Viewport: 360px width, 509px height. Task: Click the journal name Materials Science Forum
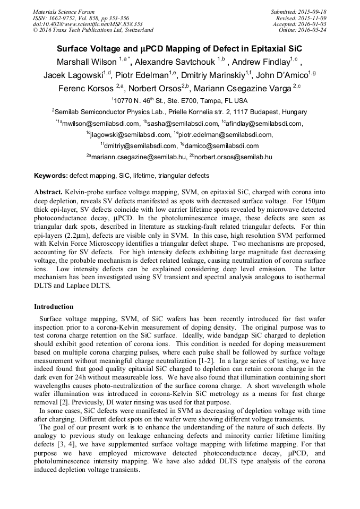click(64, 12)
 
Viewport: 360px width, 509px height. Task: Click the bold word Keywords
click(50, 176)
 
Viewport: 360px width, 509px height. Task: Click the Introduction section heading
click(54, 307)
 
